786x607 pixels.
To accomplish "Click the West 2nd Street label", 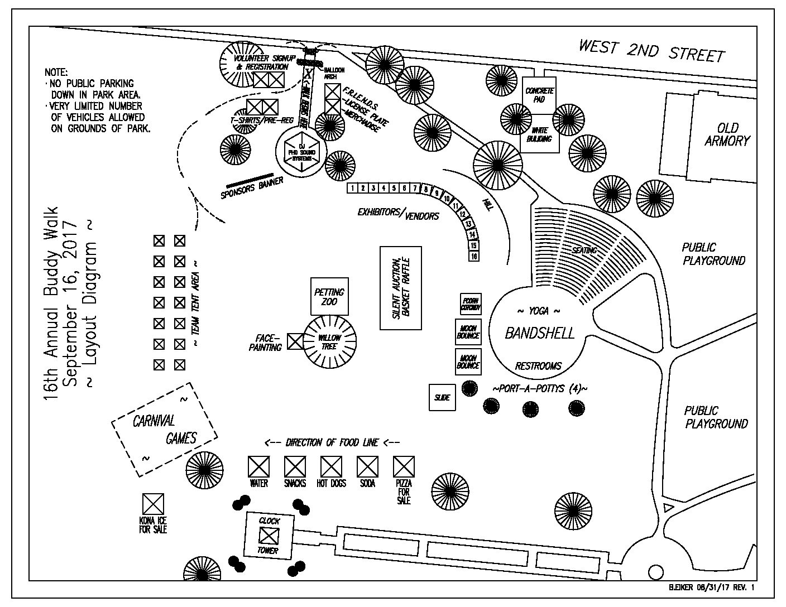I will coord(651,51).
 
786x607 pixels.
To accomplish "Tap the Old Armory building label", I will coord(727,134).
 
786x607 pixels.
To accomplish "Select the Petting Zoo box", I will coord(329,296).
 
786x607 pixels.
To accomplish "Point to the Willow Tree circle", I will coord(330,342).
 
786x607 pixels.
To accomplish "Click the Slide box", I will coord(442,398).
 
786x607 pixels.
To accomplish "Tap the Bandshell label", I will coord(539,334).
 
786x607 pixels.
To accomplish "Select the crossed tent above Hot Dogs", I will coord(331,466).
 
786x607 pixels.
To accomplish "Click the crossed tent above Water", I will coord(258,466).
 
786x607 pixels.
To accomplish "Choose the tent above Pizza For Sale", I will coord(404,466).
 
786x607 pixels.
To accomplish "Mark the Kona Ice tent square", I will coord(153,504).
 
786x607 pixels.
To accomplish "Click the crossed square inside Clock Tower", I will coord(269,536).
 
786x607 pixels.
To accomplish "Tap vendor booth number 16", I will coord(474,256).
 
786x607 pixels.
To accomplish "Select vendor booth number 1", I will coord(352,188).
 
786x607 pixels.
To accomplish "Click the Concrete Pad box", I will coord(539,95).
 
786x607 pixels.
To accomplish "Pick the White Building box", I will coord(539,134).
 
